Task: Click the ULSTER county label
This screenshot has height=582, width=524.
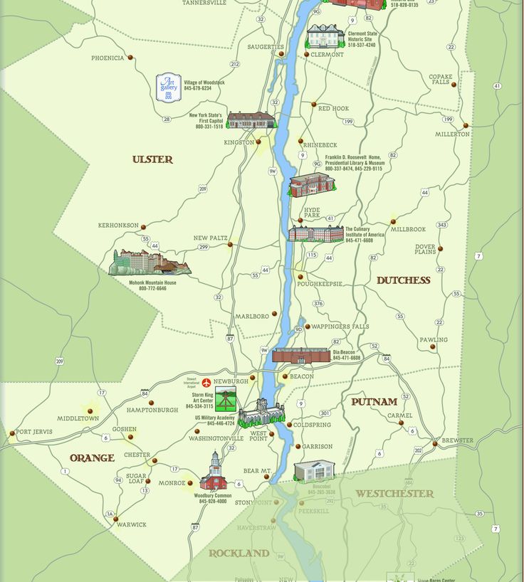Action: point(152,159)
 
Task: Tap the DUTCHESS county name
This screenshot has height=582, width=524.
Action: point(403,280)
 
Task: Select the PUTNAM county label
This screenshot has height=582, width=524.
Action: point(374,402)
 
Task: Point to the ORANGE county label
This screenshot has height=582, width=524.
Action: point(92,458)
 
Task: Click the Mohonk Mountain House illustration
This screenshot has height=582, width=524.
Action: point(150,263)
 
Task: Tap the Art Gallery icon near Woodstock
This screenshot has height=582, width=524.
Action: point(169,88)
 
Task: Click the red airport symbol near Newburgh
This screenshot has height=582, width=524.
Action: point(206,383)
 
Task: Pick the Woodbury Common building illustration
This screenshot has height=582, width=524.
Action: point(214,472)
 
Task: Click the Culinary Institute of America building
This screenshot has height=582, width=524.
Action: point(315,233)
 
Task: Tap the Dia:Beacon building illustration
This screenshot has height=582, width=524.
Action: point(300,355)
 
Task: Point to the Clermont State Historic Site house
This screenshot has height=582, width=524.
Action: point(325,36)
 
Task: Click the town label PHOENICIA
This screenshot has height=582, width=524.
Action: point(108,58)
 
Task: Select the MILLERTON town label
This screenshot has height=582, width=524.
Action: point(452,134)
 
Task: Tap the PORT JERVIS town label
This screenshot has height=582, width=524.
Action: point(33,432)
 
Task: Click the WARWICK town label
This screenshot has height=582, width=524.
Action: point(131,524)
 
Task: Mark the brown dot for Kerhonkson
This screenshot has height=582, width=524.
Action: point(143,227)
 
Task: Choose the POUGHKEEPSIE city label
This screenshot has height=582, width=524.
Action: point(320,284)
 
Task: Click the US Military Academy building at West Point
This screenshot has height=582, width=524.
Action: point(261,413)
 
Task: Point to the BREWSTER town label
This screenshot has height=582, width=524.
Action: point(457,440)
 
